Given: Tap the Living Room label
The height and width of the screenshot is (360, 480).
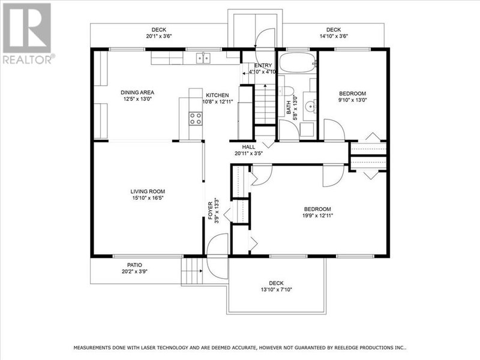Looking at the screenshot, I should (147, 192).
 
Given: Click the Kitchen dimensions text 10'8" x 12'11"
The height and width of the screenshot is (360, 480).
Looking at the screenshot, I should (218, 101).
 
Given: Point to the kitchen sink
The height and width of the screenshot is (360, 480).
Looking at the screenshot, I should (205, 58).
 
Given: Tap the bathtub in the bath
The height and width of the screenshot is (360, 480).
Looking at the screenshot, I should (296, 63).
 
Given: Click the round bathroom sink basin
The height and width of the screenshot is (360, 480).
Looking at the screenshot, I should (310, 107).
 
